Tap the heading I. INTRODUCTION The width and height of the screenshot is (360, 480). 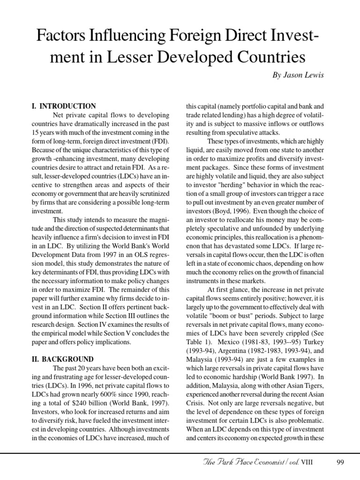click(x=64, y=106)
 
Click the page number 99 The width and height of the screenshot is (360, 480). click(x=341, y=464)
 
